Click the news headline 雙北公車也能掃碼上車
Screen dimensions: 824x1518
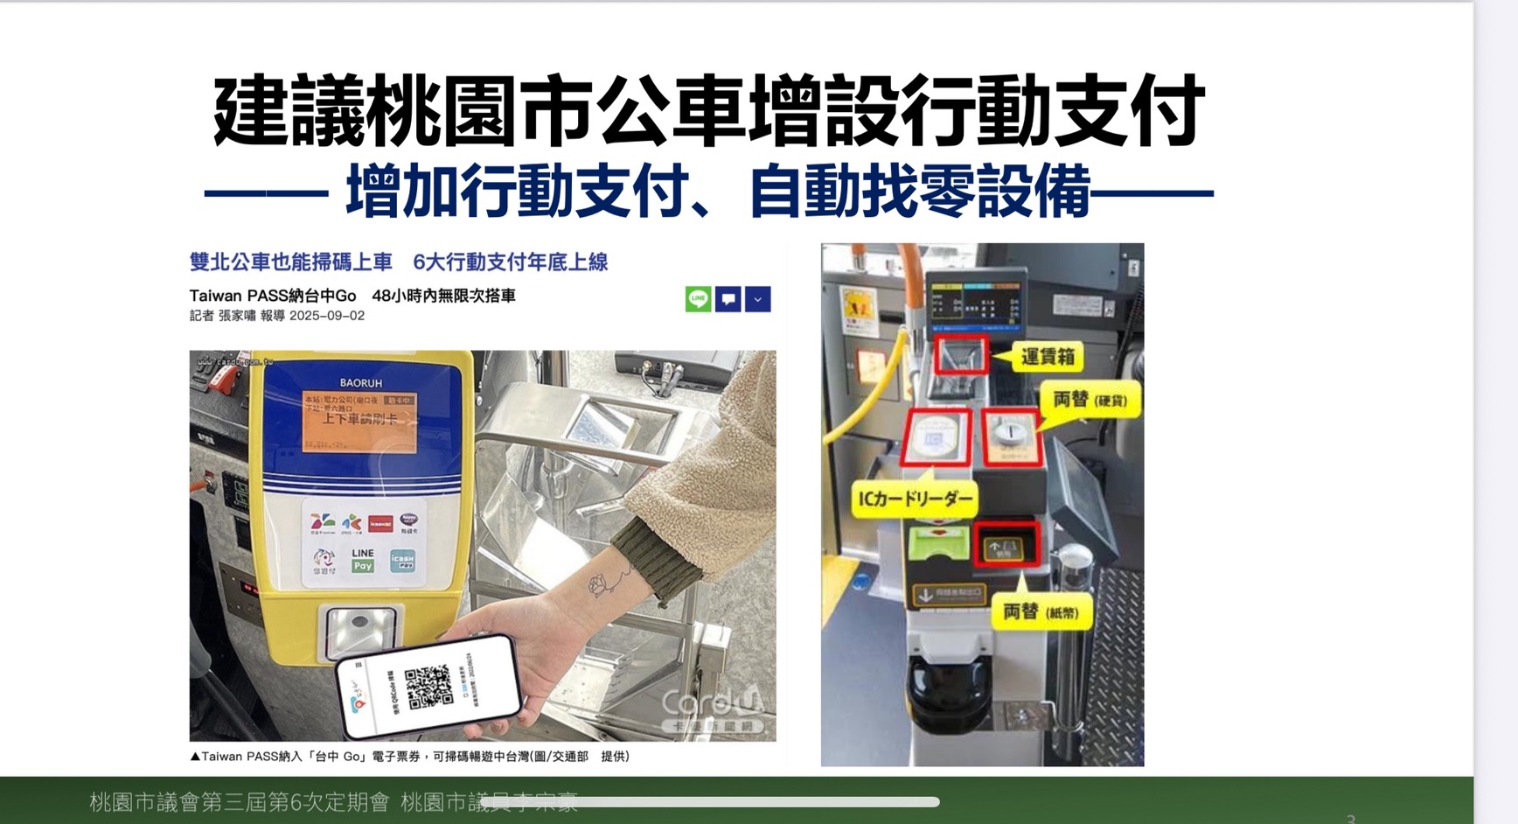tap(290, 262)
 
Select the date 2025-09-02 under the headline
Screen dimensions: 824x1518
tap(327, 316)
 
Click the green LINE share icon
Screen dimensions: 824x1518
tap(698, 299)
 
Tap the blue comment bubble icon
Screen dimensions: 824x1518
tap(728, 299)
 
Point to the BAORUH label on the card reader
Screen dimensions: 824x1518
tap(360, 382)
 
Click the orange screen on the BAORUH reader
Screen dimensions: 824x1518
tap(359, 422)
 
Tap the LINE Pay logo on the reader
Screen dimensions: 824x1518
tap(362, 560)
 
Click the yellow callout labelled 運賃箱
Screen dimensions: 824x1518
tap(1048, 357)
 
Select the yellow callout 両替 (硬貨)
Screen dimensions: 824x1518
tap(1090, 401)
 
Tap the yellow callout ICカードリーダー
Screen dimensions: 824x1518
tap(915, 499)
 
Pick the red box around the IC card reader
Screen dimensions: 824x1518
tap(935, 436)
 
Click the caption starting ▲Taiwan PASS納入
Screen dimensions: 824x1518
tap(409, 757)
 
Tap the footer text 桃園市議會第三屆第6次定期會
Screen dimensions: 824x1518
tap(239, 802)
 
